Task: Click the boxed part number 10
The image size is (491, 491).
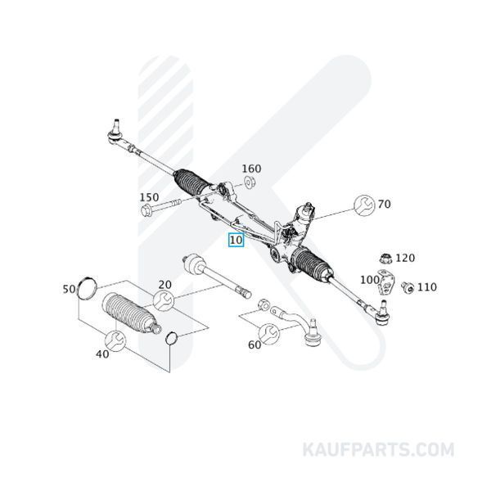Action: pos(236,240)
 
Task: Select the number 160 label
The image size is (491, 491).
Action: pos(251,169)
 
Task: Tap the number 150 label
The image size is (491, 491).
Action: pos(149,197)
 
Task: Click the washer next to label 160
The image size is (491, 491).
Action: pos(250,182)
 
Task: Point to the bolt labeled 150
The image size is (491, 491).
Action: pos(161,206)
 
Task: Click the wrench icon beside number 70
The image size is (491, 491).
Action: pos(364,205)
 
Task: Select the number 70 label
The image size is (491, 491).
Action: pos(385,204)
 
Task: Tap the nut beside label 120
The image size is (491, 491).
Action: pos(385,259)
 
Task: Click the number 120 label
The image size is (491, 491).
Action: pos(405,258)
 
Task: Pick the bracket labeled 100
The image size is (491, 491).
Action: pos(385,282)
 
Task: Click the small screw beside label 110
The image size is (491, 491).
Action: pos(408,287)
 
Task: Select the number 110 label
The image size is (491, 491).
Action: pos(427,287)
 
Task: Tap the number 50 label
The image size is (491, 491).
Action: pos(69,289)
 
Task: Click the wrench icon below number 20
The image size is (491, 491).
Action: pos(163,300)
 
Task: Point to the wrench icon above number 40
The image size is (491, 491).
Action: pos(115,340)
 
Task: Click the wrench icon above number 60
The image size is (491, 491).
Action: pos(268,334)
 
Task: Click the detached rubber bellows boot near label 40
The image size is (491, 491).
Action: pos(131,313)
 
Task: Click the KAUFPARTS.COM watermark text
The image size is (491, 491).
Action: pos(378,450)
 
